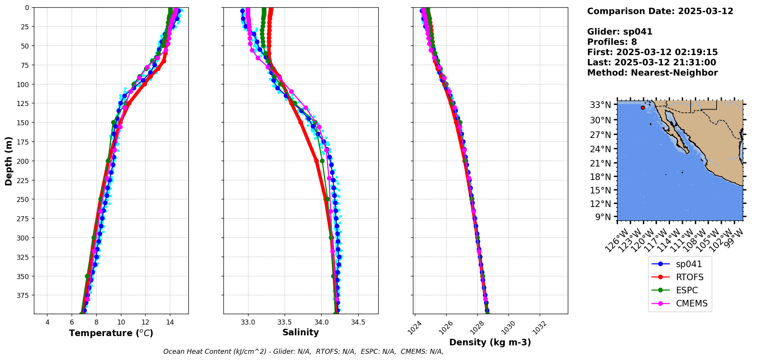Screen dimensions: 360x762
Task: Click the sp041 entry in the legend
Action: [688, 264]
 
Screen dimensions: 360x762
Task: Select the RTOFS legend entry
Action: [690, 278]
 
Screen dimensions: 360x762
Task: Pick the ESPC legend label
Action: [686, 291]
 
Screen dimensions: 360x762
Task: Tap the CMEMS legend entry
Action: [692, 304]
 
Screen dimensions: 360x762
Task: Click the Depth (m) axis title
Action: [9, 161]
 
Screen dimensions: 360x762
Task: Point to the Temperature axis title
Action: [111, 333]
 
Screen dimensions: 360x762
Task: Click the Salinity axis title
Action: [300, 333]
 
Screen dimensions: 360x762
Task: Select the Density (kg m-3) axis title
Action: [490, 342]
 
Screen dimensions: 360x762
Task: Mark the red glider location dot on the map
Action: [643, 108]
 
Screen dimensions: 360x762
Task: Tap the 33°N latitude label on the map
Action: [600, 105]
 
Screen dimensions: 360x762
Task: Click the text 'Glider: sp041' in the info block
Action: [619, 32]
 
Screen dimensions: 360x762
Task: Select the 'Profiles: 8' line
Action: [612, 42]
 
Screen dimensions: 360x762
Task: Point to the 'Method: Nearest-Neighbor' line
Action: [652, 73]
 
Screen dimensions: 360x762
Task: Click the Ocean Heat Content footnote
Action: [303, 352]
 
